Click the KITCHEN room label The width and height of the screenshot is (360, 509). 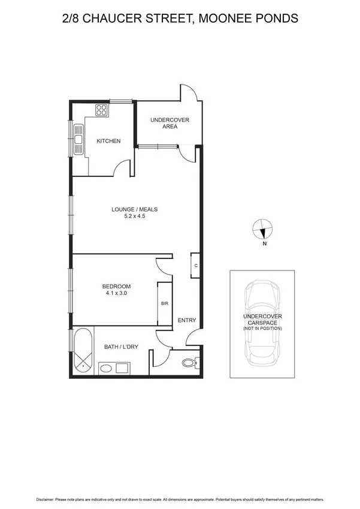coord(109,141)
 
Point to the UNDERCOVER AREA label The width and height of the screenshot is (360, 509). coord(170,124)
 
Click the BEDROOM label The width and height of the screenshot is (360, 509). coord(116,287)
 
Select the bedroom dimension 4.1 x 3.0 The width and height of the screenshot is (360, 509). coord(116,294)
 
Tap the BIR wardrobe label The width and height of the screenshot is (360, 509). coord(164,304)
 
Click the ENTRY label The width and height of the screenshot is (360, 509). coord(187,320)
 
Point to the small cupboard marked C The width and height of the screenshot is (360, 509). coord(195,265)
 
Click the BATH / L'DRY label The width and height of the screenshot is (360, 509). coord(120,347)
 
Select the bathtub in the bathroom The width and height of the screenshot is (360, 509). coord(83,351)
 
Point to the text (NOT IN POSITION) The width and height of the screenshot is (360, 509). coord(262,329)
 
